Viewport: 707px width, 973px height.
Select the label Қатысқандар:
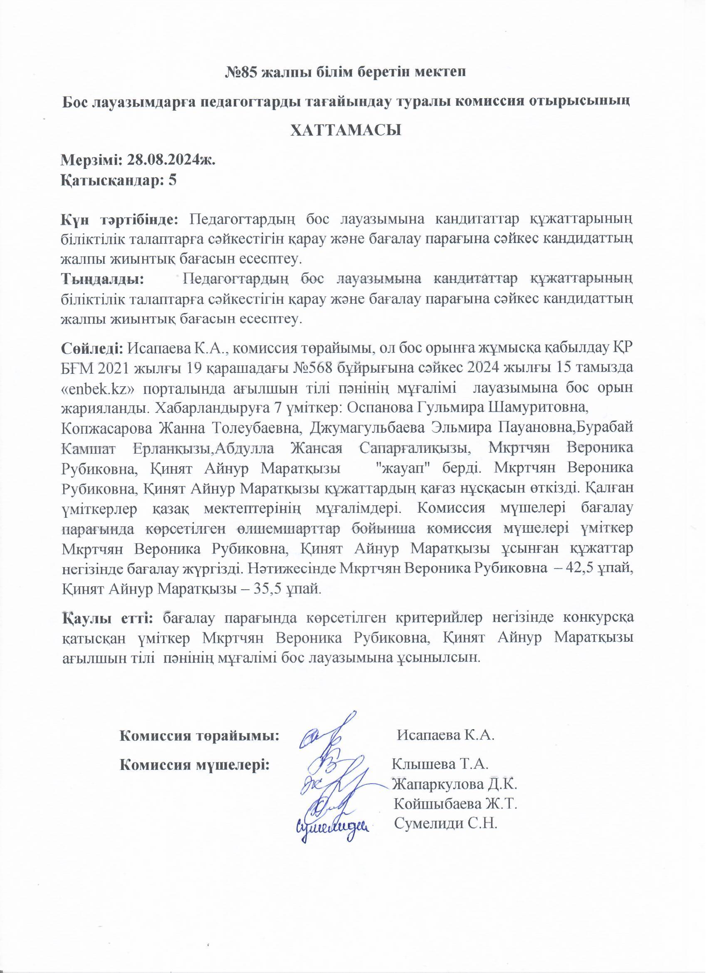(x=114, y=180)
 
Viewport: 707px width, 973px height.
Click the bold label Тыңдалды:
(x=102, y=279)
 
